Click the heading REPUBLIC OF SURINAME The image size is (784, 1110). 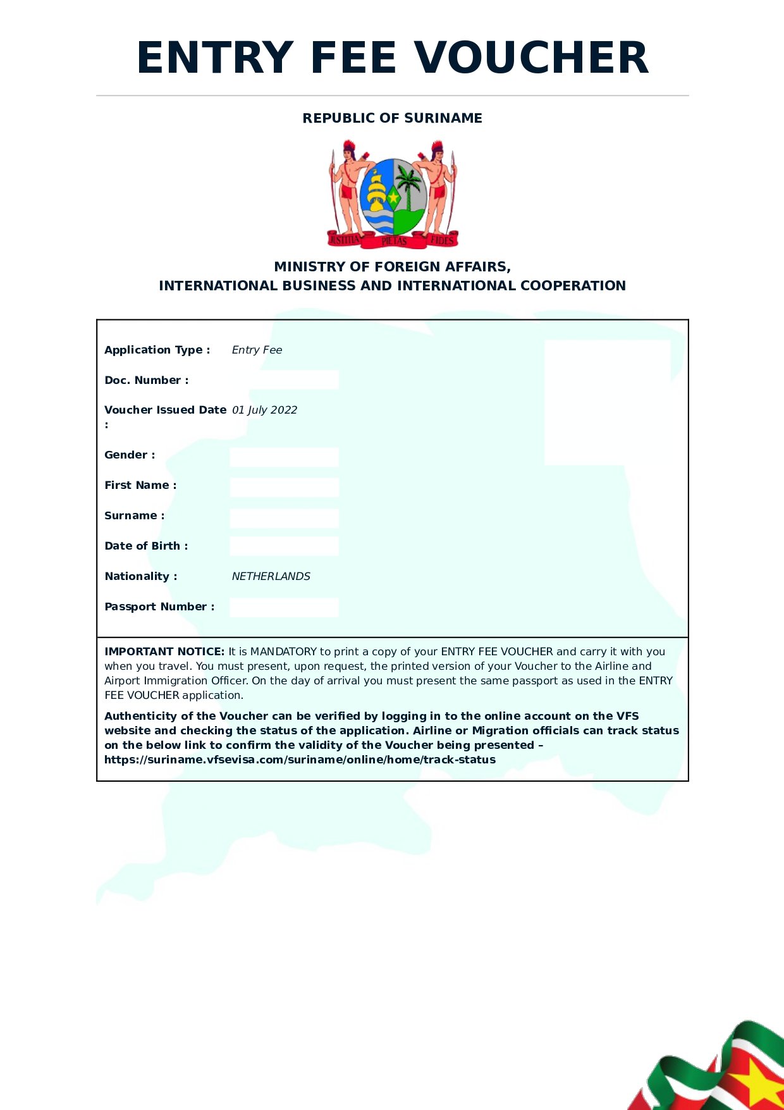tap(392, 118)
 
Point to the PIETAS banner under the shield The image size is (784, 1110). tap(394, 241)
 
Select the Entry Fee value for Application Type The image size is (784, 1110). tap(257, 350)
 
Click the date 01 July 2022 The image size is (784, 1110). tap(264, 410)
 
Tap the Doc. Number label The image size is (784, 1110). tap(146, 380)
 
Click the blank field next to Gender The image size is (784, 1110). tap(284, 457)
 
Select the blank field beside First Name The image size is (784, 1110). tap(284, 487)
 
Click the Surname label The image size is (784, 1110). tap(134, 515)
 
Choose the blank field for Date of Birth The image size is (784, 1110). tap(284, 546)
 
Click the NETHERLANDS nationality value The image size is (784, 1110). tap(271, 576)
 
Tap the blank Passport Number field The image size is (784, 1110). tap(284, 607)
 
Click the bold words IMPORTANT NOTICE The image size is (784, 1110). tap(164, 651)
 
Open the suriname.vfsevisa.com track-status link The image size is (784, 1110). tap(300, 760)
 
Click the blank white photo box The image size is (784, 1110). tap(607, 402)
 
